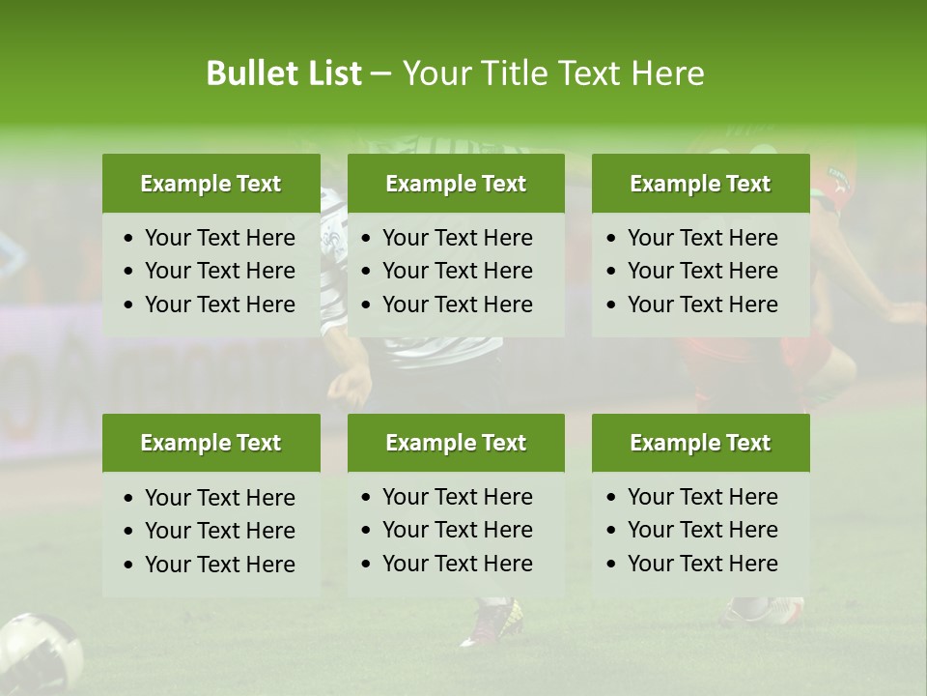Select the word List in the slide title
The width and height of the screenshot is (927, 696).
coord(330,73)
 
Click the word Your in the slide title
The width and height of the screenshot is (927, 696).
coord(433,73)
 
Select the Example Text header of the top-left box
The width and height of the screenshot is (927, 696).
coord(211,184)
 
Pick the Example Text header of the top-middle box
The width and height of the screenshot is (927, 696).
coord(456,184)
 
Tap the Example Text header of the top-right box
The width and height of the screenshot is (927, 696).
coord(700,184)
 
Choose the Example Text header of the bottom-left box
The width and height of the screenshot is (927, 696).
coord(211,443)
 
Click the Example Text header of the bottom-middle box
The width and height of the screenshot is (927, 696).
coord(456,443)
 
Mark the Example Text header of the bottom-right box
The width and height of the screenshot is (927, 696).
coord(700,443)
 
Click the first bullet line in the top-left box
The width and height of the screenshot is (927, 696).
coord(219,238)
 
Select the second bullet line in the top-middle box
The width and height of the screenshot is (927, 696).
coord(457,271)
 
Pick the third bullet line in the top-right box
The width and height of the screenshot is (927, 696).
coord(702,304)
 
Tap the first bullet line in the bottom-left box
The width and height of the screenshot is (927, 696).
coord(219,498)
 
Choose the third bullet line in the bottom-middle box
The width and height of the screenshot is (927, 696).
coord(457,564)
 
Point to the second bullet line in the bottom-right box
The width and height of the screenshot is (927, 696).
coord(702,530)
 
